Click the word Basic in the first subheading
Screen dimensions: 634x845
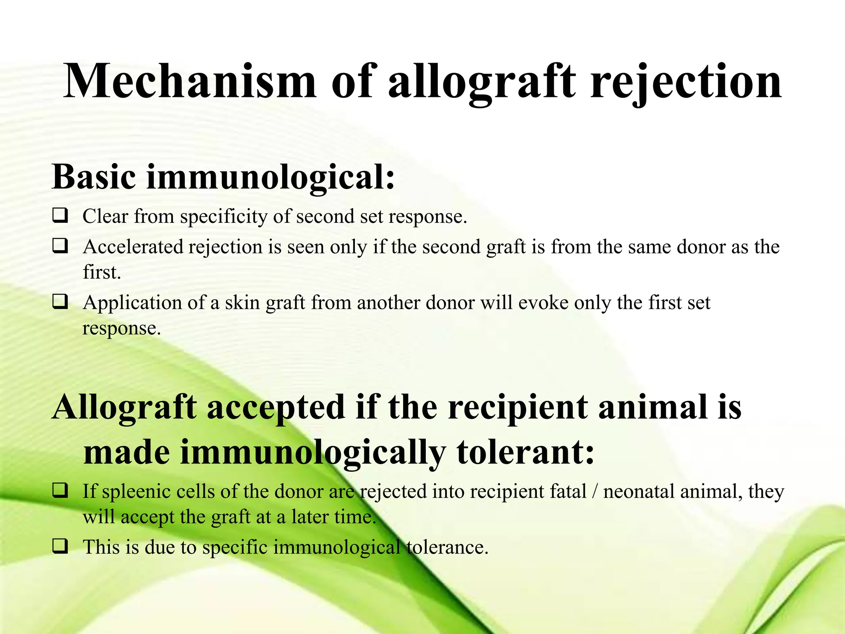coord(94,177)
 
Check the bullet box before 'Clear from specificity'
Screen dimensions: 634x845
coord(60,215)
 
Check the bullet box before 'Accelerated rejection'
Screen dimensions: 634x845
coord(60,246)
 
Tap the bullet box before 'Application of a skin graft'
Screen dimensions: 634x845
coord(60,302)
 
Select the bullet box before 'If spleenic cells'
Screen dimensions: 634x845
coord(60,490)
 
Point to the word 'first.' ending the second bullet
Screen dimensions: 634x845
coord(101,272)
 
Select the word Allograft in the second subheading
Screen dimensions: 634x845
coord(124,408)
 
